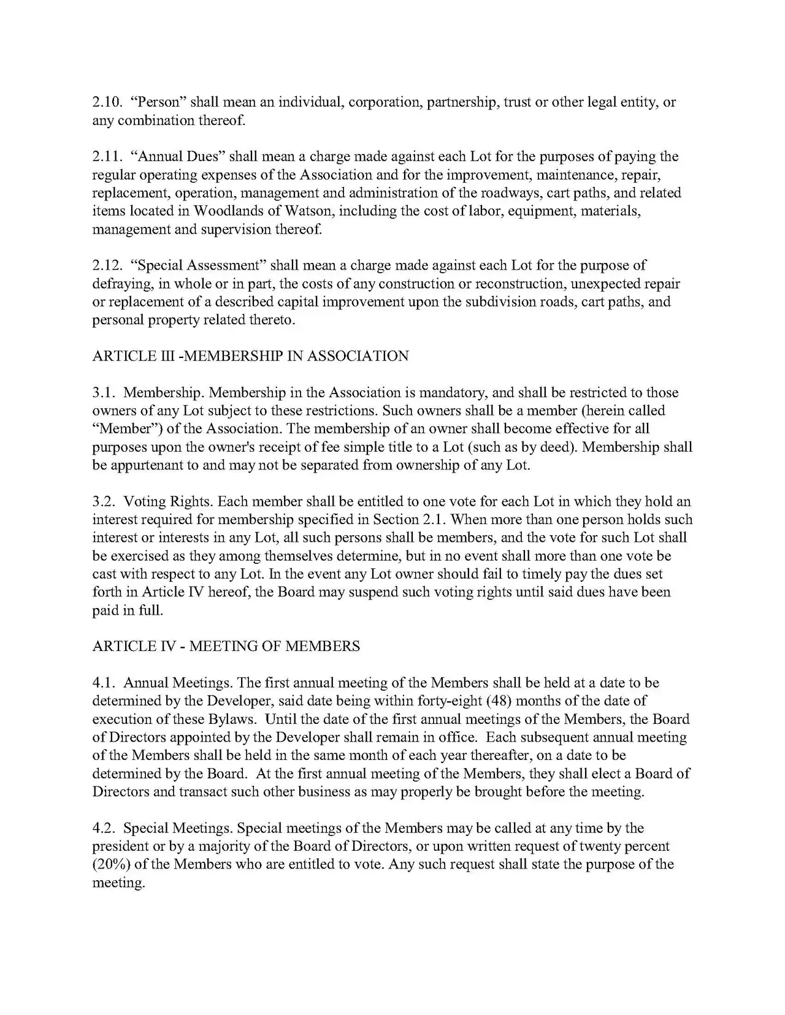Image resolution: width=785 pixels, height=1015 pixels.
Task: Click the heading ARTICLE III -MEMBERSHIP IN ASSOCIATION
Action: click(x=250, y=357)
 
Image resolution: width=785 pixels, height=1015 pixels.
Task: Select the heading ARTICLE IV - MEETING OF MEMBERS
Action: click(x=226, y=647)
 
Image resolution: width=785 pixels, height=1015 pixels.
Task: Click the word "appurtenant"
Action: click(x=146, y=466)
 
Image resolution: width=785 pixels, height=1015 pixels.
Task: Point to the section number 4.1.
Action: click(x=102, y=683)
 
